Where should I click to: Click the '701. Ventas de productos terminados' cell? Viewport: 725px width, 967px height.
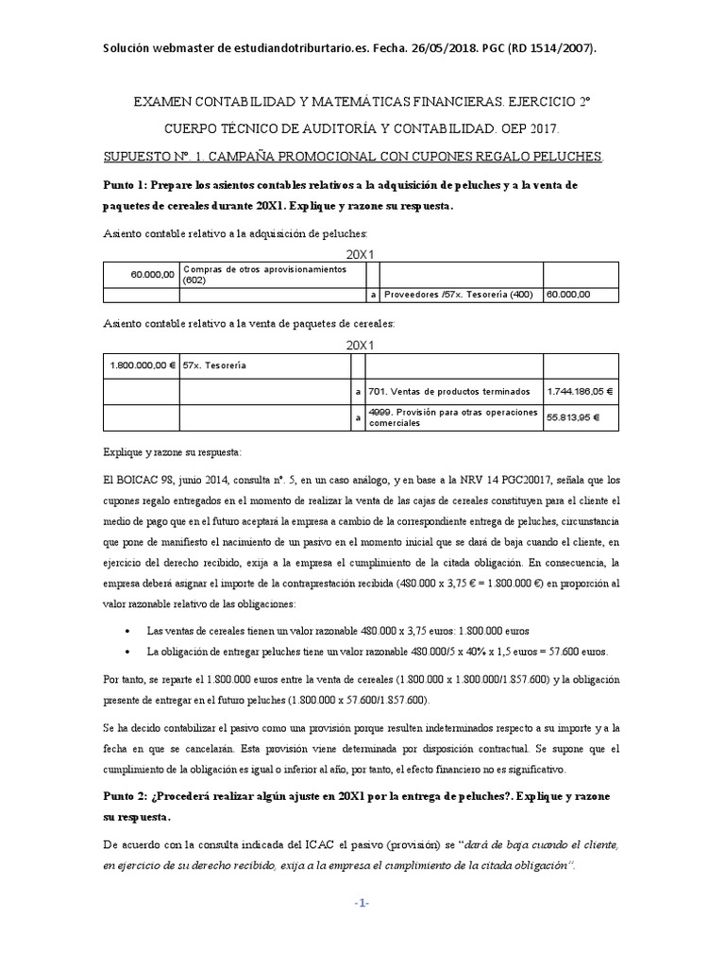(449, 390)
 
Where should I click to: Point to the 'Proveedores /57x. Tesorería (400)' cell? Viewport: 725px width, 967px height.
(458, 295)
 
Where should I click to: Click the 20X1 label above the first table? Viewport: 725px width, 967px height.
(362, 254)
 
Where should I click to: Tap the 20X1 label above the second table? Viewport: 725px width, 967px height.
(362, 346)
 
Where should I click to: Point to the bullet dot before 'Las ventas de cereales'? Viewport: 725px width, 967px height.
(128, 630)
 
